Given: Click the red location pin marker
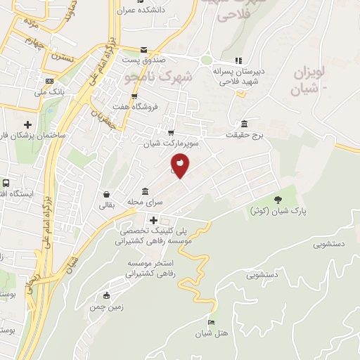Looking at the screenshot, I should [x=180, y=166].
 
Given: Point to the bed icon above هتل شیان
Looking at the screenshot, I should [x=211, y=322].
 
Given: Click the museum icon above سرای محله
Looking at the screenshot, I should [x=145, y=191].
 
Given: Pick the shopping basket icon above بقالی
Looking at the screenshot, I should [x=105, y=194].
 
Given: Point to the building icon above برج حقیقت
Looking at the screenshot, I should [x=244, y=123].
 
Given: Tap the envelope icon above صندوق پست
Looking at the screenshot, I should [x=144, y=51].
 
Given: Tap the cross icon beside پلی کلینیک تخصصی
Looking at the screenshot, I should [x=154, y=220].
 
